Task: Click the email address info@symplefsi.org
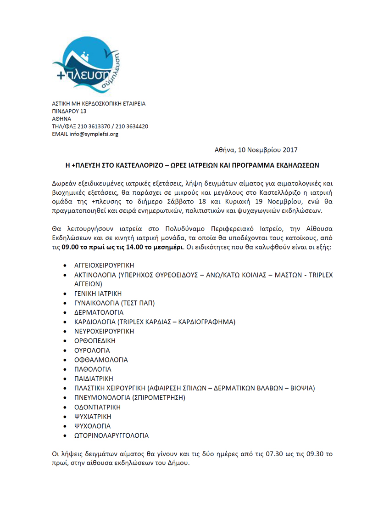pyautogui.click(x=94, y=134)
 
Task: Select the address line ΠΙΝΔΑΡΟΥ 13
pyautogui.click(x=69, y=111)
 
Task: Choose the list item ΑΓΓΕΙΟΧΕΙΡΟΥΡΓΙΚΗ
pyautogui.click(x=107, y=266)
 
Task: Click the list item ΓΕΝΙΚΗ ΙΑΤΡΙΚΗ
pyautogui.click(x=98, y=294)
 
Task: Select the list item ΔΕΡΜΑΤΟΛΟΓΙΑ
pyautogui.click(x=99, y=312)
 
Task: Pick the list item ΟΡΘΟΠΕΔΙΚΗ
pyautogui.click(x=95, y=341)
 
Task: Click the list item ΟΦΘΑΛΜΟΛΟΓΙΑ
pyautogui.click(x=101, y=360)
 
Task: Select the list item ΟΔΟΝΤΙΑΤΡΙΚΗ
pyautogui.click(x=97, y=407)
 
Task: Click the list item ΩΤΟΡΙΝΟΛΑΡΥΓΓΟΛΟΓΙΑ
pyautogui.click(x=111, y=435)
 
